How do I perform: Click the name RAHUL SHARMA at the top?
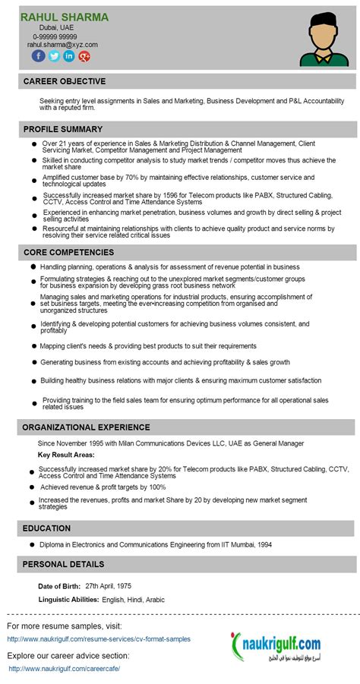tap(65, 17)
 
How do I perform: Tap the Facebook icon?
tap(38, 56)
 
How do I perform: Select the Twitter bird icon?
tap(54, 56)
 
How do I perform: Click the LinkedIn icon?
tap(69, 56)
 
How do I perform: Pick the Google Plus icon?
tap(84, 56)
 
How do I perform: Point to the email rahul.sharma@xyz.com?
tap(62, 45)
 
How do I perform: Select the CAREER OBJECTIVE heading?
tap(65, 81)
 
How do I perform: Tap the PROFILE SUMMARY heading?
tap(63, 129)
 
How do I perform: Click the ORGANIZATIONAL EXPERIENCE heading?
tap(86, 427)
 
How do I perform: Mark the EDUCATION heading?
tap(46, 528)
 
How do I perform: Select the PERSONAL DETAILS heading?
tap(63, 564)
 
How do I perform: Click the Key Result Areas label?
tap(66, 455)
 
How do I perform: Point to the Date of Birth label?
tap(58, 586)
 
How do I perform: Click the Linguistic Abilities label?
tap(68, 600)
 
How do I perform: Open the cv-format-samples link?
tap(99, 639)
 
